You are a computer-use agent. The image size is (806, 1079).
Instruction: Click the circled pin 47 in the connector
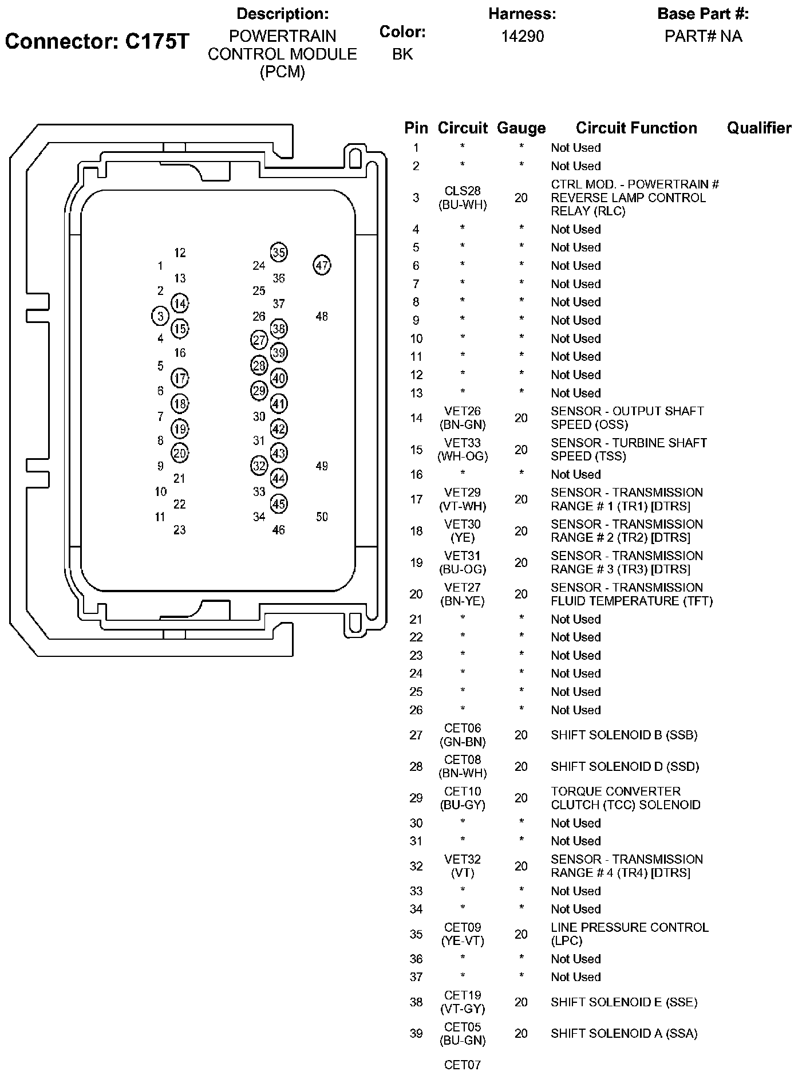click(x=322, y=265)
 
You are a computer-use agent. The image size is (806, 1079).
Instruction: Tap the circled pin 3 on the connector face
click(x=160, y=316)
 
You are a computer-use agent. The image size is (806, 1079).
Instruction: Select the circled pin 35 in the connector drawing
click(x=279, y=253)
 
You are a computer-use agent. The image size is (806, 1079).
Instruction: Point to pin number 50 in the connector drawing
click(x=322, y=517)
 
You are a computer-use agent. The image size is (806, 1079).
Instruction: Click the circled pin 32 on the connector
click(x=259, y=466)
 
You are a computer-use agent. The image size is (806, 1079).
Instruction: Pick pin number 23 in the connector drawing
click(x=180, y=530)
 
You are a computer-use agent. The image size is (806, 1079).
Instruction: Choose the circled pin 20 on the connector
click(x=180, y=453)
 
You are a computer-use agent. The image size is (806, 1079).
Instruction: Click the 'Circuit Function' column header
click(x=636, y=128)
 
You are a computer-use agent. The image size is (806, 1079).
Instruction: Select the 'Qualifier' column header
click(x=759, y=128)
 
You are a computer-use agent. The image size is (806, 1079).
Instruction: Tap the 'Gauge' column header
click(x=521, y=128)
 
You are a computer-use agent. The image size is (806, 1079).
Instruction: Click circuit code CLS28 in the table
click(x=463, y=191)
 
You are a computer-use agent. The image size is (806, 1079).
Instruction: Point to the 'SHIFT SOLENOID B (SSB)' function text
click(x=624, y=735)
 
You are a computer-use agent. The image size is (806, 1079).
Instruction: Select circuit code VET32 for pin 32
click(x=463, y=859)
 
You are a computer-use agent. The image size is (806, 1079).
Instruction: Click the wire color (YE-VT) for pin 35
click(x=463, y=941)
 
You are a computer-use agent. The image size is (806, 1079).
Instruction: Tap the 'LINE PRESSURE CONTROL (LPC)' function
click(x=629, y=934)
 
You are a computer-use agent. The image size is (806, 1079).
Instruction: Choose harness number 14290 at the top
click(x=522, y=36)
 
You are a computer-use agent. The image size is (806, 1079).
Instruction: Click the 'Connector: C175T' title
click(x=97, y=42)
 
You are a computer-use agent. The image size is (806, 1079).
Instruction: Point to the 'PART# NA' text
click(x=703, y=36)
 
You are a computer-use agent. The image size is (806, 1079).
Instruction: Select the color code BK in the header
click(x=402, y=54)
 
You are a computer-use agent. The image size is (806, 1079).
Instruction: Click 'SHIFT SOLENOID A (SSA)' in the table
click(x=624, y=1034)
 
